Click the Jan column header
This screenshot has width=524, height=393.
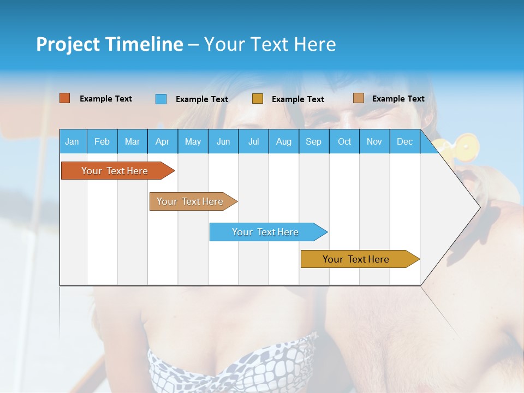point(72,141)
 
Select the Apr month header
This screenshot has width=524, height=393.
point(162,141)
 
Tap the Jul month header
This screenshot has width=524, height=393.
point(253,141)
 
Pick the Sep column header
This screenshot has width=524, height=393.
point(313,141)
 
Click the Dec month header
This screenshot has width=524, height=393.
point(404,141)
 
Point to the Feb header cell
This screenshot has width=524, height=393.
point(102,141)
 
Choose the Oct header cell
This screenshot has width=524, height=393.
point(344,141)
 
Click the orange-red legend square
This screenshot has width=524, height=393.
point(64,98)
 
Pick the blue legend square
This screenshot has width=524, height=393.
point(161,99)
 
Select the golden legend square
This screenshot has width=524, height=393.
point(258,99)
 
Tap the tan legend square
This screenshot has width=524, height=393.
point(358,98)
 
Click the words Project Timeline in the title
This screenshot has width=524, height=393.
point(110,44)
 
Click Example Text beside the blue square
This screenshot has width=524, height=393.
point(201,99)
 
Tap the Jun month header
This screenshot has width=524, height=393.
point(223,141)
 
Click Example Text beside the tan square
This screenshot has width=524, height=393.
point(398,99)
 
